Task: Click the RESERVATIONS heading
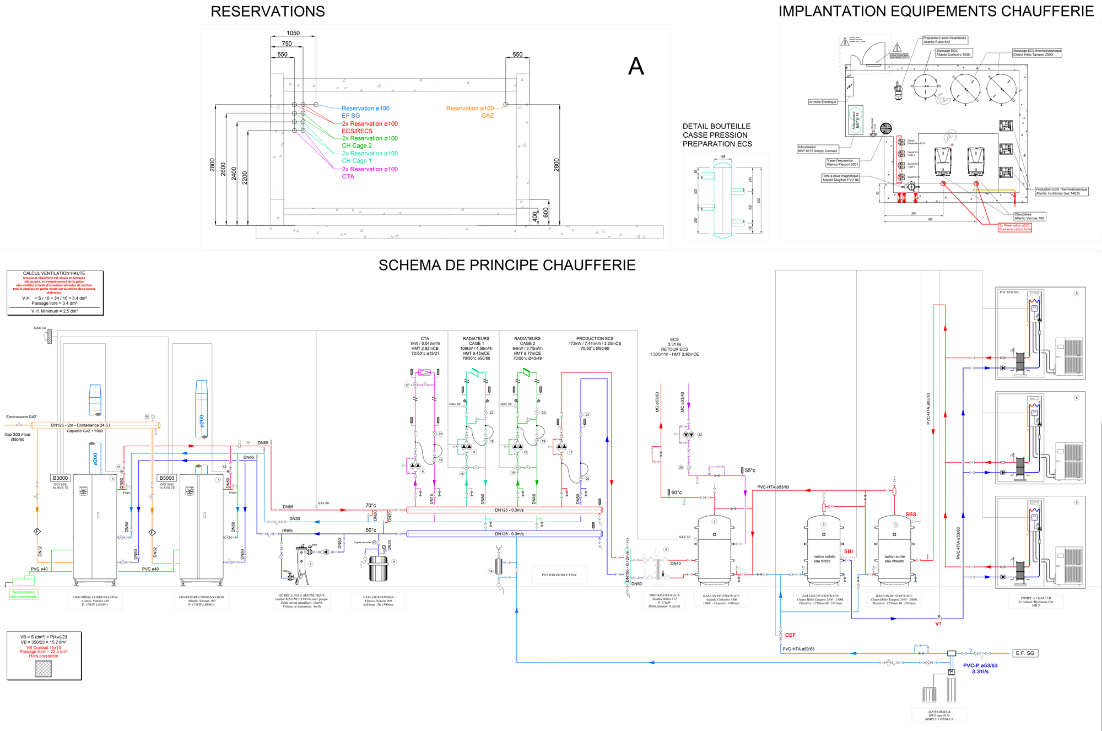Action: click(x=268, y=12)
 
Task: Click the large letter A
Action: click(x=636, y=67)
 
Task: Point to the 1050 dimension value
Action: click(x=293, y=33)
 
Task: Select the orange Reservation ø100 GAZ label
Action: click(x=470, y=112)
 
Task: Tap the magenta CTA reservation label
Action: click(x=348, y=176)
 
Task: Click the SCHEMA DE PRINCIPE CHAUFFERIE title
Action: click(x=507, y=265)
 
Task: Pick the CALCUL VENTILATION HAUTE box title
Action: click(x=54, y=273)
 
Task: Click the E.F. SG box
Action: click(x=1025, y=653)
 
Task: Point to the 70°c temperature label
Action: click(x=371, y=505)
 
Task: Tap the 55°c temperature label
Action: click(x=750, y=470)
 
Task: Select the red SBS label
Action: click(x=911, y=515)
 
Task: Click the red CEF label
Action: click(x=790, y=635)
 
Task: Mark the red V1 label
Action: click(x=938, y=624)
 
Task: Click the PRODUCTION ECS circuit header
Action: click(x=595, y=339)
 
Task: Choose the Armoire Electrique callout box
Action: click(x=823, y=102)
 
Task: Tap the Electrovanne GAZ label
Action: click(x=21, y=417)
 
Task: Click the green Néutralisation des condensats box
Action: click(x=24, y=594)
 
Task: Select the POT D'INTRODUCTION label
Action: click(x=559, y=575)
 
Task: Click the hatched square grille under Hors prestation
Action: click(x=43, y=668)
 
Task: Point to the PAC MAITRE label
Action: click(x=1009, y=293)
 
